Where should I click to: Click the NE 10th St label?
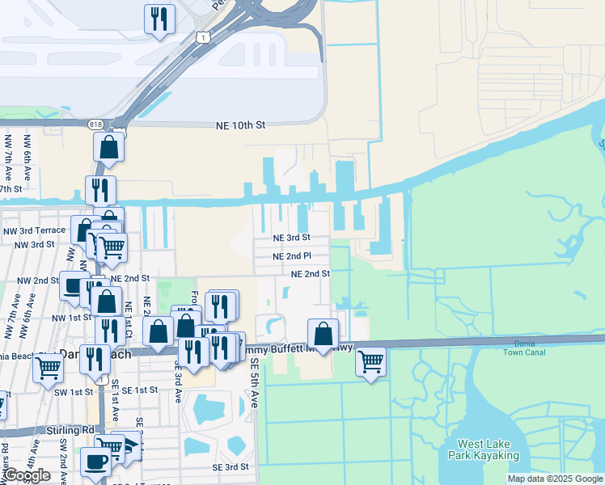[x=240, y=126]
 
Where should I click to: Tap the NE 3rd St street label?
[x=291, y=238]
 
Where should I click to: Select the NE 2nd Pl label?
[x=291, y=256]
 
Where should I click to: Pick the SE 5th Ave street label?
[x=253, y=382]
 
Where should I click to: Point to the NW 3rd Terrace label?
[x=32, y=230]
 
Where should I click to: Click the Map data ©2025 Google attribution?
[x=555, y=479]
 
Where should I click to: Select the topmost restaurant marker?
[x=159, y=17]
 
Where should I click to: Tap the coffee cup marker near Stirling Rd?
[x=96, y=462]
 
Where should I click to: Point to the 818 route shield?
[x=97, y=123]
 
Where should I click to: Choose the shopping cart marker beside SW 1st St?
[x=48, y=368]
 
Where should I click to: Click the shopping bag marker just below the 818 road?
[x=108, y=147]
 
